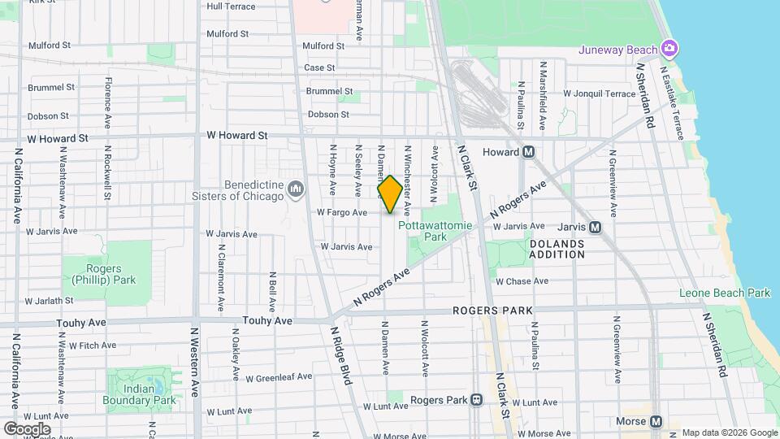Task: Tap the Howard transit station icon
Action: [528, 151]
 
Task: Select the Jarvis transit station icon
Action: [595, 228]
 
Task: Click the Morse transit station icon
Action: [655, 421]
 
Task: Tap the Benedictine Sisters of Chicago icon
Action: [296, 190]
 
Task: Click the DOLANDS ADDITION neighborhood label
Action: [557, 249]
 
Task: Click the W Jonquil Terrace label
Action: [599, 94]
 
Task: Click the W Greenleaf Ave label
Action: [279, 377]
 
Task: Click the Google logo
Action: [26, 428]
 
